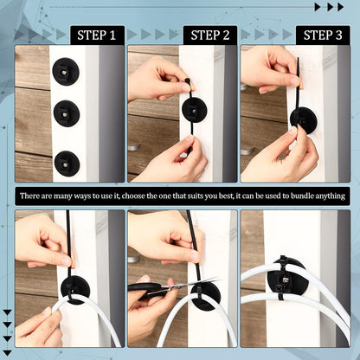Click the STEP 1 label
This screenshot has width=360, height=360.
(97, 35)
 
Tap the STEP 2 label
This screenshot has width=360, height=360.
(210, 35)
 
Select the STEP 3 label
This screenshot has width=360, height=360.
(323, 35)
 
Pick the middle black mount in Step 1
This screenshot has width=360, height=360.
(67, 113)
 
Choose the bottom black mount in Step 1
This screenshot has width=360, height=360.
(67, 163)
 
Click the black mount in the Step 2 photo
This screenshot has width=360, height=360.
(193, 110)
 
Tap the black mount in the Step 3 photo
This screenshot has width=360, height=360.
(303, 120)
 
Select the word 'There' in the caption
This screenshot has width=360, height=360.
(32, 196)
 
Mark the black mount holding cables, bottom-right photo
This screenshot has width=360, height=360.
(286, 277)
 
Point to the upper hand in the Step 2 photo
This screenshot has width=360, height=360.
(159, 79)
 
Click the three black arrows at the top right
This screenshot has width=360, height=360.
(329, 7)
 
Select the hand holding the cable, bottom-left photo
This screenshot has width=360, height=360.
(39, 327)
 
